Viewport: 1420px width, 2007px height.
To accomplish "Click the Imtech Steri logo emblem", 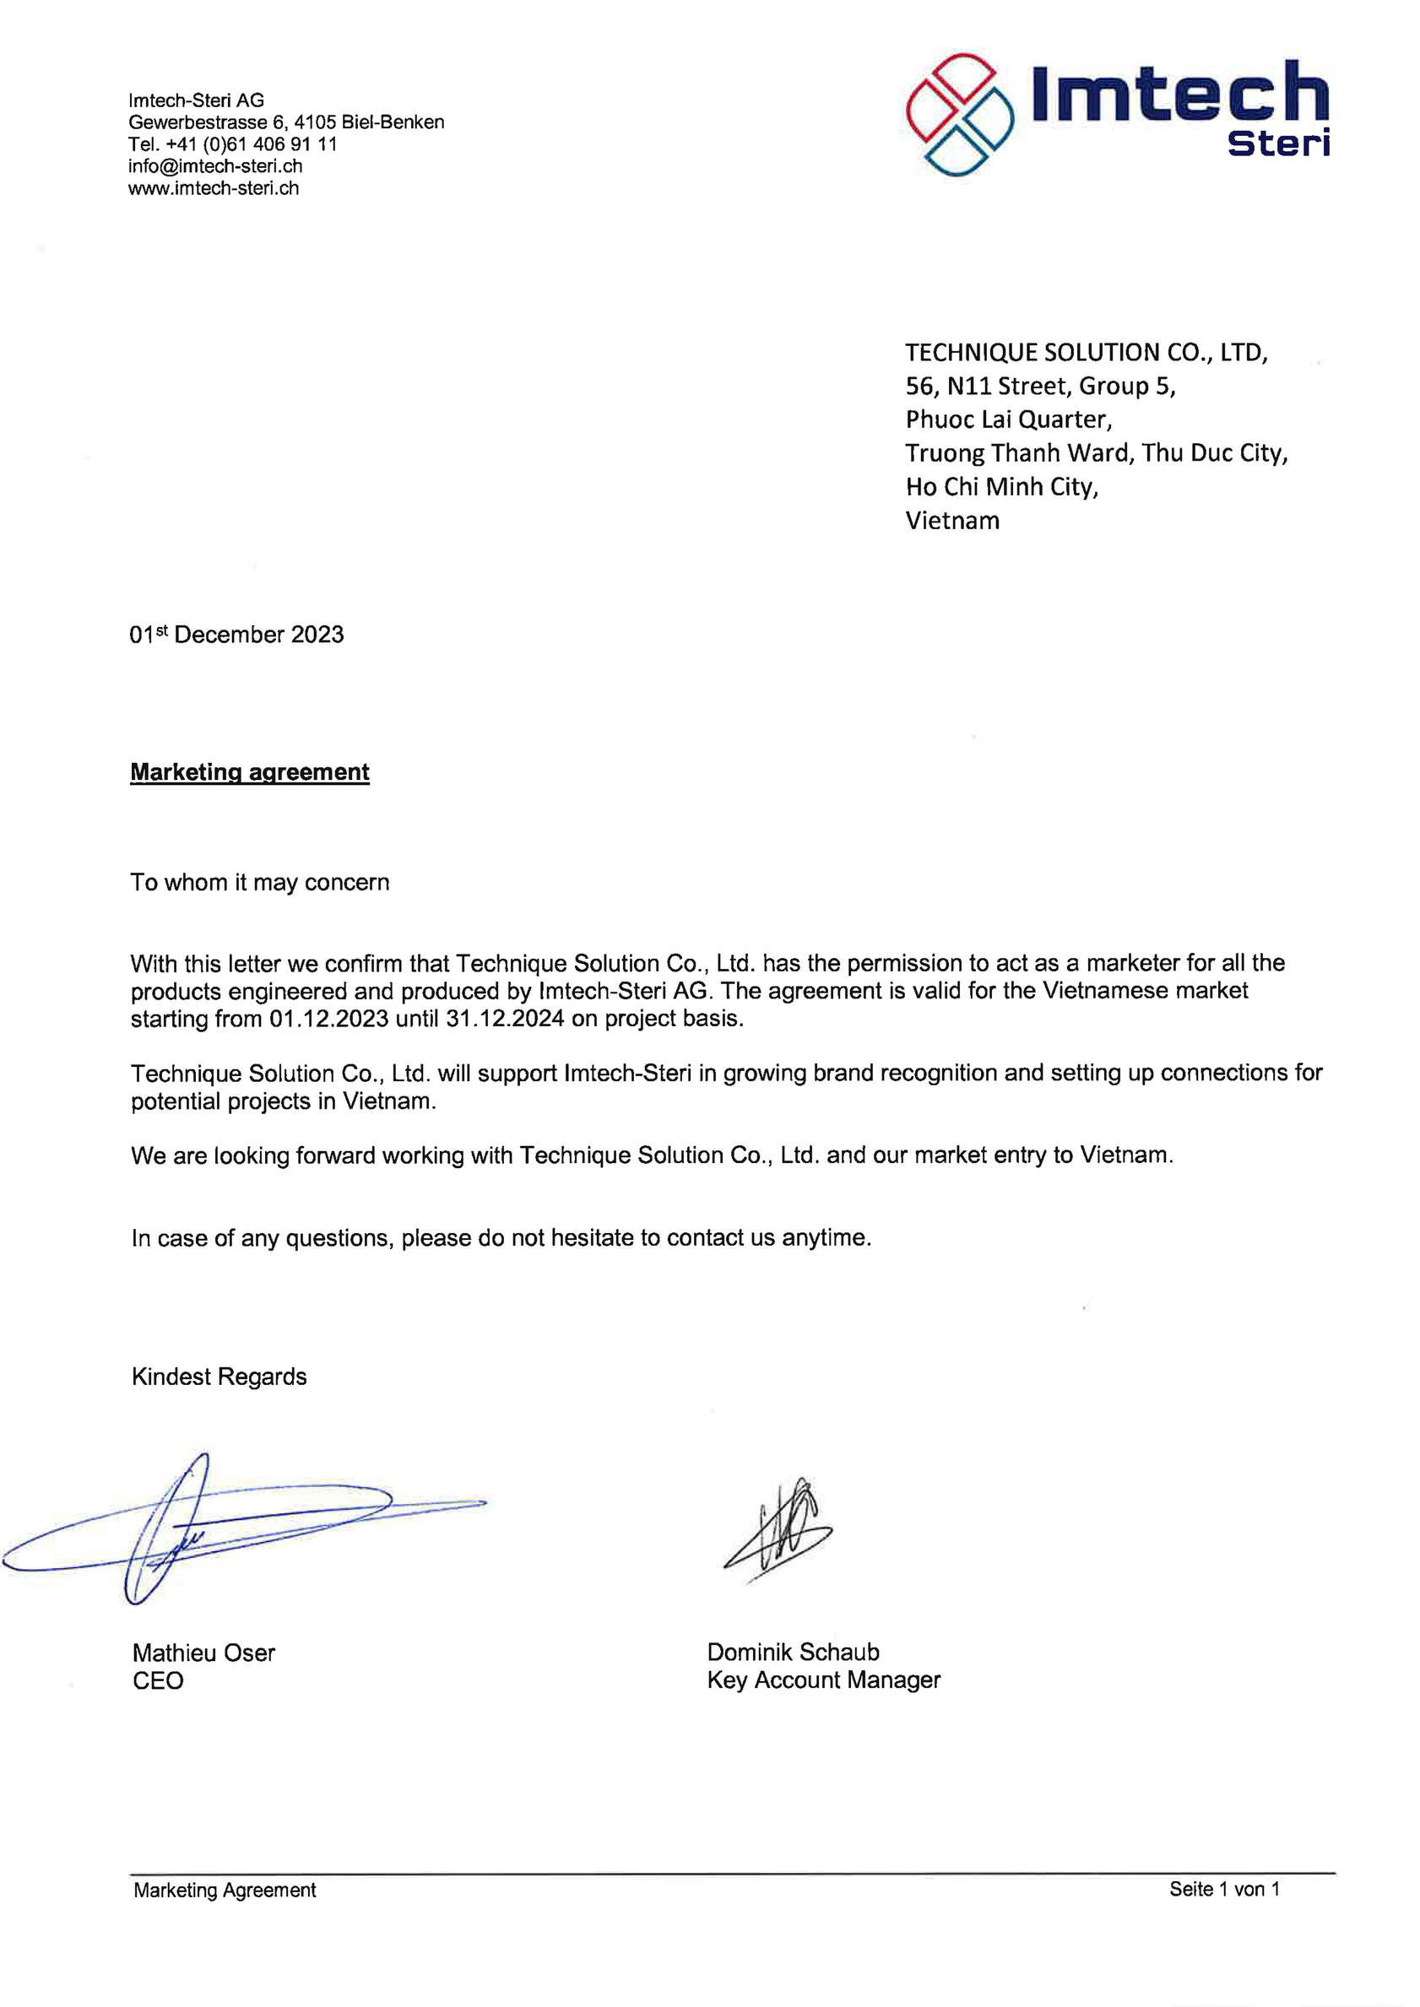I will coord(959,115).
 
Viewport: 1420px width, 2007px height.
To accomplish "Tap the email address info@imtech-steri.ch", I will coord(215,166).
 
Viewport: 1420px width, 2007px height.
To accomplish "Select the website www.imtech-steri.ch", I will coord(214,188).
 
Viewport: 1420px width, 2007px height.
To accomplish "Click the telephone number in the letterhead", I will coord(233,144).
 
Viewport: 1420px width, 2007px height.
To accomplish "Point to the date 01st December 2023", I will coord(236,635).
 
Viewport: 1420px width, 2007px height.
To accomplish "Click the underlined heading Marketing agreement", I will coord(249,772).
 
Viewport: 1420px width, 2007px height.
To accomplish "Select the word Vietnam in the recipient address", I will coord(952,521).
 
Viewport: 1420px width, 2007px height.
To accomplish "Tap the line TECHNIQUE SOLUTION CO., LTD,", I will coord(1086,352).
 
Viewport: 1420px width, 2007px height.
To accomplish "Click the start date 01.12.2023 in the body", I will coord(328,1020).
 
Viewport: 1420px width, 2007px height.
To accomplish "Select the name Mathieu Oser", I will coord(203,1653).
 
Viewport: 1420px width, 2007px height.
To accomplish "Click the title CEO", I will coord(157,1681).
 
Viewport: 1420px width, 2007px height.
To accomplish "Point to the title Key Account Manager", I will coord(824,1680).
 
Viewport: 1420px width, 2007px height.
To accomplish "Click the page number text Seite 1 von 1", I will coord(1224,1890).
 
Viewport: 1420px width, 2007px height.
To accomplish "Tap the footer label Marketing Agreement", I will coord(225,1891).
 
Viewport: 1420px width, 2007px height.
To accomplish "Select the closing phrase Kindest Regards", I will coord(219,1377).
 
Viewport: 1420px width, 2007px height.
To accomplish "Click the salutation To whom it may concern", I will coord(260,883).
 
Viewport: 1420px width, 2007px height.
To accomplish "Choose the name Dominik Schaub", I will coord(793,1653).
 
